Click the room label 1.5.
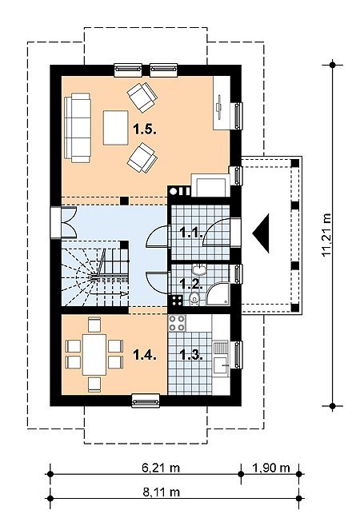[145, 130]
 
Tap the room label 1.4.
[145, 355]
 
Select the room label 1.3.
[191, 355]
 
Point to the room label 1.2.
[191, 284]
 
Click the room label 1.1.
[191, 232]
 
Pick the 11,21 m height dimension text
[326, 235]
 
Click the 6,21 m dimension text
[161, 468]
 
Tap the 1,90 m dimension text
[270, 468]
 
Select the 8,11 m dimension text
[161, 492]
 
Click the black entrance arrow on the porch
[262, 233]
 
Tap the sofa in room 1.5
[78, 128]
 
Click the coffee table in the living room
[115, 127]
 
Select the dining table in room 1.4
[94, 355]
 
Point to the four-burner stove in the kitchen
[177, 323]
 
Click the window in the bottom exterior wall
[146, 400]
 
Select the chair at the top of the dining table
[94, 324]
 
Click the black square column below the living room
[124, 201]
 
